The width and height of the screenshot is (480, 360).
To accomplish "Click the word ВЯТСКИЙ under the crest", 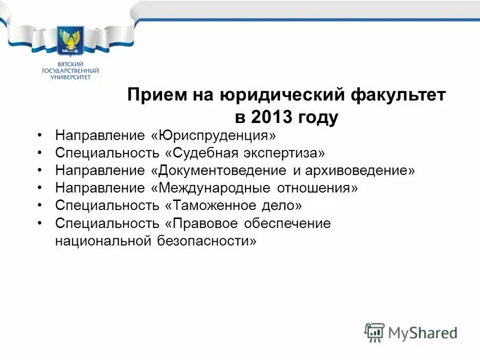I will [x=70, y=64].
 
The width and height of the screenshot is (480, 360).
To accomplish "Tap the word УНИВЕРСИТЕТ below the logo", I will [x=70, y=77].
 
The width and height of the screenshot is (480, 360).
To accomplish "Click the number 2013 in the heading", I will [x=268, y=116].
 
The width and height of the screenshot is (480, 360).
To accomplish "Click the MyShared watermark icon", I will [x=374, y=332].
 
